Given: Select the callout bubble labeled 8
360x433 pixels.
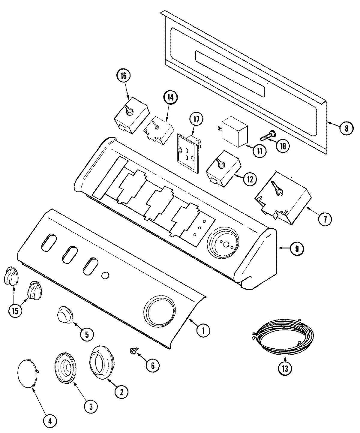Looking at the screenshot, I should tap(346, 128).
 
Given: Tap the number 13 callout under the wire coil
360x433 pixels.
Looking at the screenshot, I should tap(285, 368).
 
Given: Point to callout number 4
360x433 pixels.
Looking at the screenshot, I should tap(50, 421).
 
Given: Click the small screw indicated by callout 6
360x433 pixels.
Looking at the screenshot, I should tap(133, 350).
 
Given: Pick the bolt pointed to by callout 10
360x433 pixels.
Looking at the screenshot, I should tap(267, 135).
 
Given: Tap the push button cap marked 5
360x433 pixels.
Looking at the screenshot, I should tap(65, 315).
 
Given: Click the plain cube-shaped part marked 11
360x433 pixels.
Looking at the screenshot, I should tap(235, 131).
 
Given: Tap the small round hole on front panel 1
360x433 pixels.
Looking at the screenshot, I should tap(105, 275).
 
